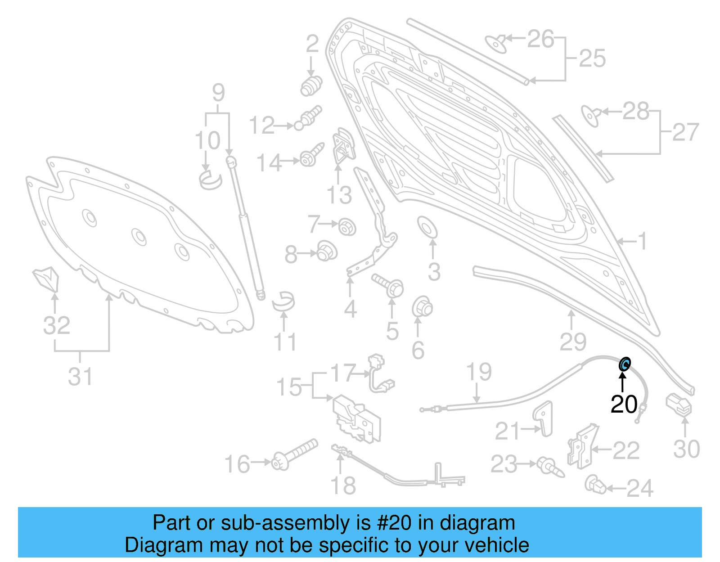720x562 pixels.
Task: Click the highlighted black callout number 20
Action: click(624, 404)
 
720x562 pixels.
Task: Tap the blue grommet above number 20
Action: click(625, 364)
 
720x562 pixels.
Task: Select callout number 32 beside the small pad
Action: click(57, 325)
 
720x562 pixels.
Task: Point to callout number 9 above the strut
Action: click(218, 93)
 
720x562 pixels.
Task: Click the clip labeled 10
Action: click(210, 179)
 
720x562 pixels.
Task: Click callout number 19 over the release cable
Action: click(479, 372)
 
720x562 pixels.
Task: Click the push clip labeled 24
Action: click(596, 485)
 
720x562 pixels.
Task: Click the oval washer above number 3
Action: click(427, 227)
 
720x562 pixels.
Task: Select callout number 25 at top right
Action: click(592, 58)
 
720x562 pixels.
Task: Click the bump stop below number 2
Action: click(311, 86)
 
